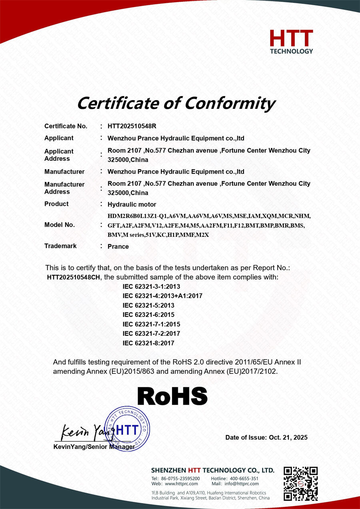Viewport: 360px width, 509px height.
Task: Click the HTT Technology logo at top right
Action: coord(291,42)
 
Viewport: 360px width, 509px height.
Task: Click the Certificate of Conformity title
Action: coord(176,103)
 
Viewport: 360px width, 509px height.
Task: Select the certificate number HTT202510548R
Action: coord(132,126)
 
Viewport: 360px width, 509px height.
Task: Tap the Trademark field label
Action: coord(60,246)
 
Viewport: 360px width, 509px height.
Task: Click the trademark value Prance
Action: coord(118,246)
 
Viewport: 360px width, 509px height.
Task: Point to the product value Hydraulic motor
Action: coord(132,204)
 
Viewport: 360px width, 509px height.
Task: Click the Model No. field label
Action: coord(60,225)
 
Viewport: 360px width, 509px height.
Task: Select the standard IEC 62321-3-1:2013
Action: coord(152,287)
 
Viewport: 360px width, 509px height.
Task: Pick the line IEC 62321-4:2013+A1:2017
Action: coord(162,296)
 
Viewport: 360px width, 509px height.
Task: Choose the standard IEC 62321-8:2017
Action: coord(148,343)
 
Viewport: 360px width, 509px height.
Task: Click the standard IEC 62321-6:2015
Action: coord(148,315)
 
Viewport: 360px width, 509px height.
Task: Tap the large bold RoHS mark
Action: coord(172,396)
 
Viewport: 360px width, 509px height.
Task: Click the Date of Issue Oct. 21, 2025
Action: coord(266,437)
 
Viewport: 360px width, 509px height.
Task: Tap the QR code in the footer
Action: coord(300,483)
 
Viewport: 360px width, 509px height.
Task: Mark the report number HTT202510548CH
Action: coord(74,277)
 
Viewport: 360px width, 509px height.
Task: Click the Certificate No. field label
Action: coord(66,126)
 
